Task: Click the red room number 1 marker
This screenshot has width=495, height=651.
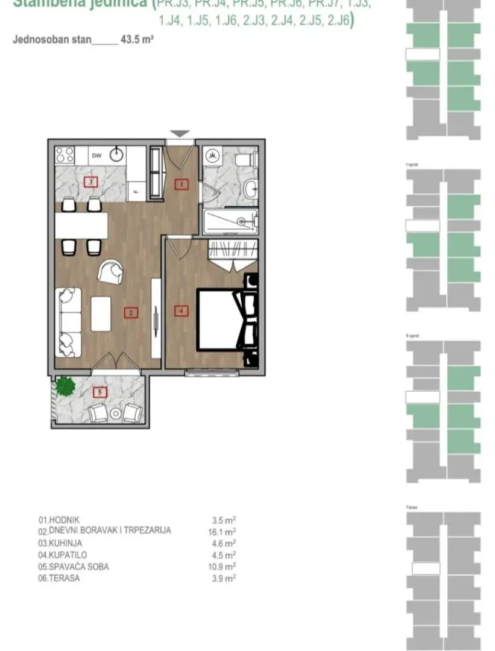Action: pyautogui.click(x=182, y=184)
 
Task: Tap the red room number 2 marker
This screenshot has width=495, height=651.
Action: pyautogui.click(x=130, y=312)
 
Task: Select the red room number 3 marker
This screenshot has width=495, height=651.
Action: pyautogui.click(x=90, y=181)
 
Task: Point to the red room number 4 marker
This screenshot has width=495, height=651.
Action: pyautogui.click(x=181, y=311)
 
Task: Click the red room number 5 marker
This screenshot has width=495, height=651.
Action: pyautogui.click(x=101, y=392)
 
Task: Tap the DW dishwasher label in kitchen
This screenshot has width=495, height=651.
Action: pyautogui.click(x=96, y=156)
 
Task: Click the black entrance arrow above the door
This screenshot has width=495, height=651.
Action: pyautogui.click(x=180, y=134)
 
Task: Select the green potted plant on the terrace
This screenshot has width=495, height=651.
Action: pyautogui.click(x=63, y=385)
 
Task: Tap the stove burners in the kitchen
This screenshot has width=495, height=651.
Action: pyautogui.click(x=64, y=155)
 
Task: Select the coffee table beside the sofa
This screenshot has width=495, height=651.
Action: pyautogui.click(x=101, y=313)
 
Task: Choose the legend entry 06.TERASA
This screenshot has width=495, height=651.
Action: pyautogui.click(x=59, y=578)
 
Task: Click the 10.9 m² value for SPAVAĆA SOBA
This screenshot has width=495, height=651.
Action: pyautogui.click(x=221, y=567)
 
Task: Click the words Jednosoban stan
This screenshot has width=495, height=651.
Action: pyautogui.click(x=51, y=40)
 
